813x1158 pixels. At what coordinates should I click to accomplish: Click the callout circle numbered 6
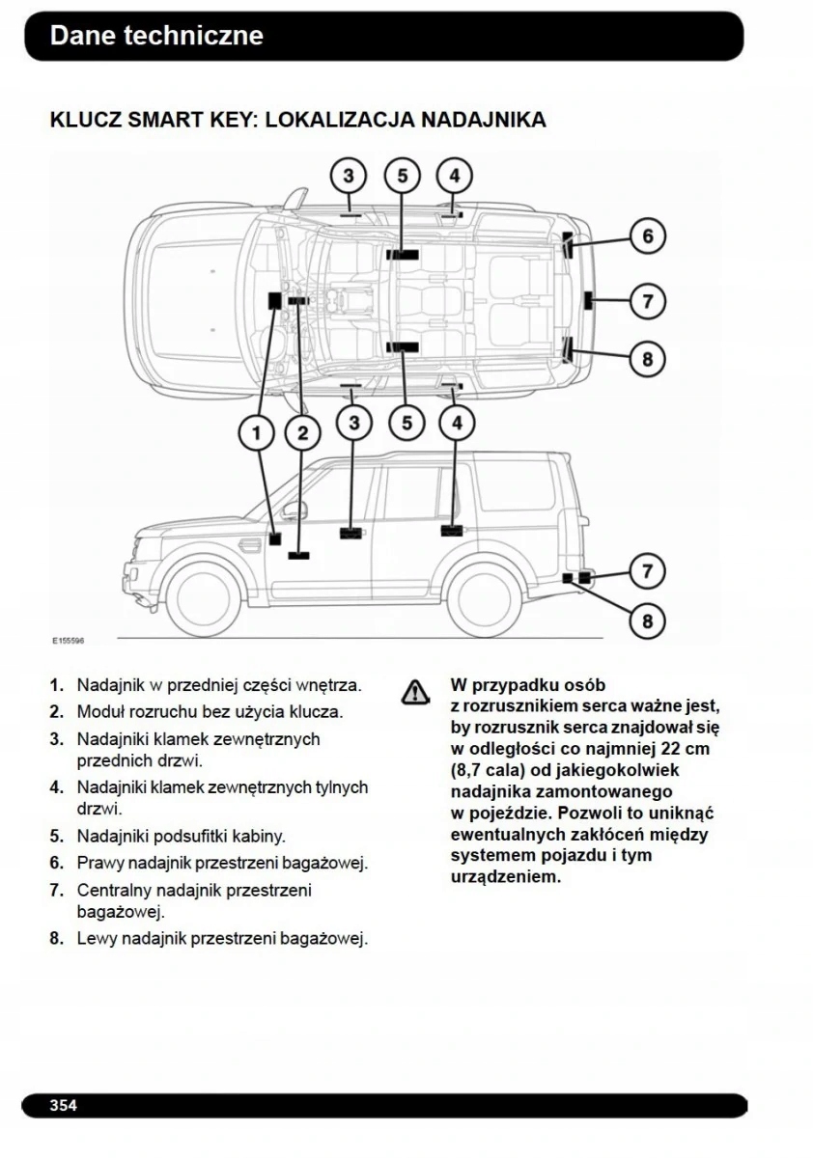(x=648, y=236)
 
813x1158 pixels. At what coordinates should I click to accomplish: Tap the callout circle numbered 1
(x=257, y=432)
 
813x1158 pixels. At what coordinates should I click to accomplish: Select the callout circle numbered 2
(x=303, y=432)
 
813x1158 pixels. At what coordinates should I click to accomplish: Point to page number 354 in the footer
(x=64, y=1105)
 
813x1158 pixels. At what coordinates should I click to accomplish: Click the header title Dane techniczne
(x=156, y=36)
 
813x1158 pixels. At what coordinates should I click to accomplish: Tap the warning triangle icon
(x=414, y=691)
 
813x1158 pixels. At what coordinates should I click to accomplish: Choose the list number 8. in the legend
(x=57, y=938)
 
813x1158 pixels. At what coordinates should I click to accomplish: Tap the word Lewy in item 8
(x=97, y=938)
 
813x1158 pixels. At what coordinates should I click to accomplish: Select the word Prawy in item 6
(x=99, y=863)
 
